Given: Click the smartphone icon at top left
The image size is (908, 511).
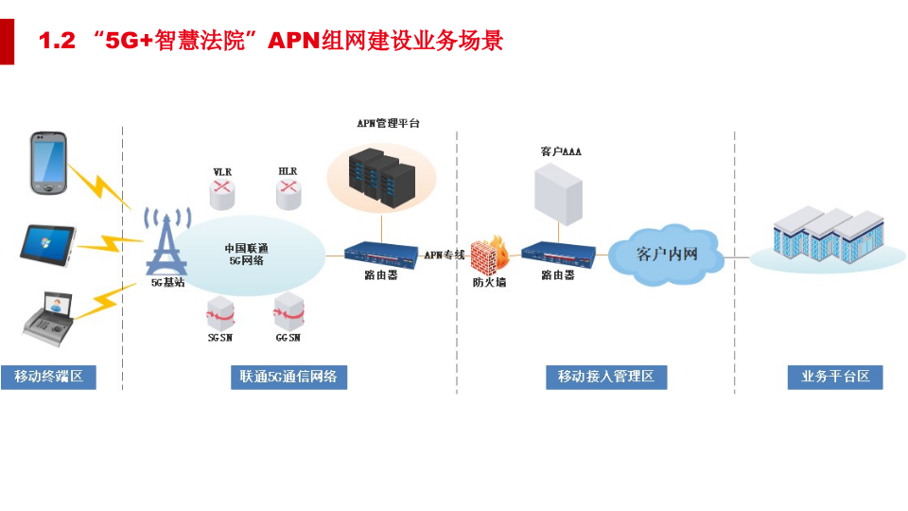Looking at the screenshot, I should pos(49,164).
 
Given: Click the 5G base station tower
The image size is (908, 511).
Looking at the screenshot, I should pos(166,242).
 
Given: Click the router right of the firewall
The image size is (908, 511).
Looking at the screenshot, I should pos(558,254).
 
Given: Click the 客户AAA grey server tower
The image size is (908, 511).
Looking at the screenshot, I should pos(558,194).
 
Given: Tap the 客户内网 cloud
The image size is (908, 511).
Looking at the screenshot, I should pos(667,254).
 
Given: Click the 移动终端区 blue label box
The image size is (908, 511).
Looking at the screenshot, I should pos(49,377).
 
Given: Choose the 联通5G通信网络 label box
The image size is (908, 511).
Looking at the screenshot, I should pos(288,377).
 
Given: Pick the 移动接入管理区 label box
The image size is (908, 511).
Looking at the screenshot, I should pos(606,377).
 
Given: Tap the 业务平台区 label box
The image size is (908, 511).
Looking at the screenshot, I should pos(835,377).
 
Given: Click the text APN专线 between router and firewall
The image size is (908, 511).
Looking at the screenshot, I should pos(445,255).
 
